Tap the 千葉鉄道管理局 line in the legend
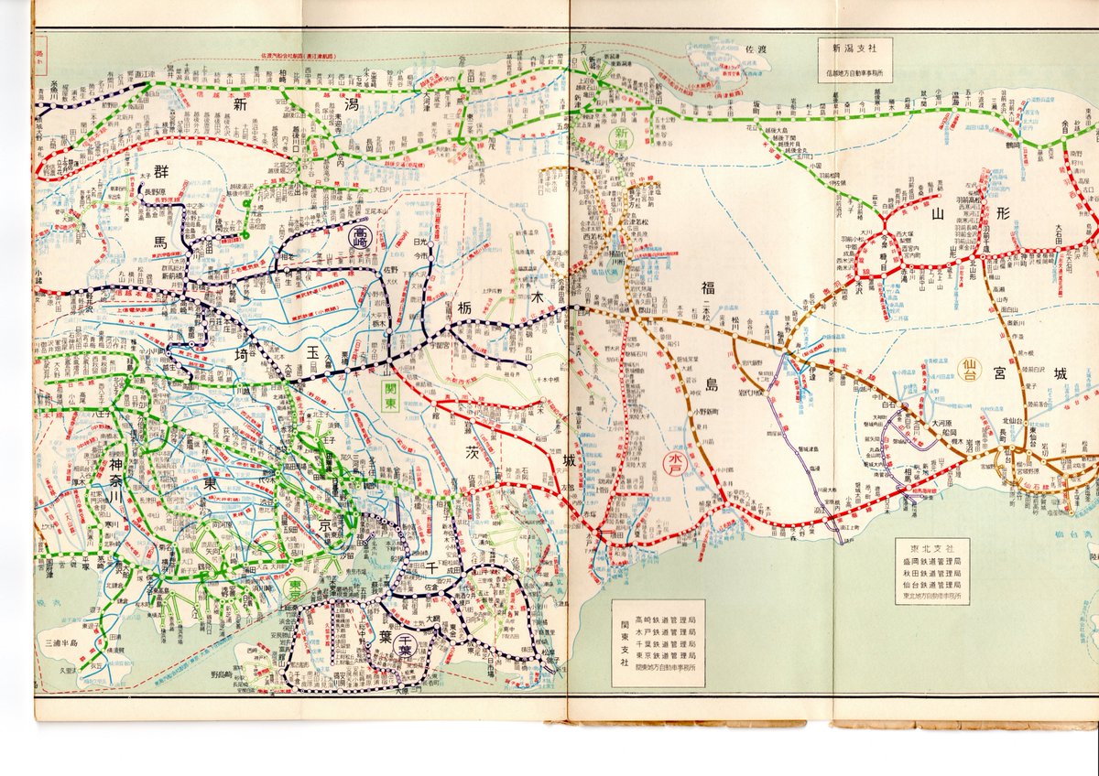665,643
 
